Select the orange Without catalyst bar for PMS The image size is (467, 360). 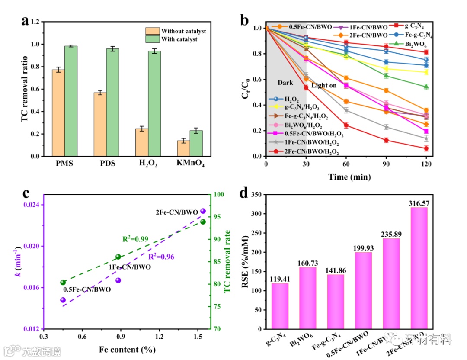58,112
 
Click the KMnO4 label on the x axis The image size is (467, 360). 190,164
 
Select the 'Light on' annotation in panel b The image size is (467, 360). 324,86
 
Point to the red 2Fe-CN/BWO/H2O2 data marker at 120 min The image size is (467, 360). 426,148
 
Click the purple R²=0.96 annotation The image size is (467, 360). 161,257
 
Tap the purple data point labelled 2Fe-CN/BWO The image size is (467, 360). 203,211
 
